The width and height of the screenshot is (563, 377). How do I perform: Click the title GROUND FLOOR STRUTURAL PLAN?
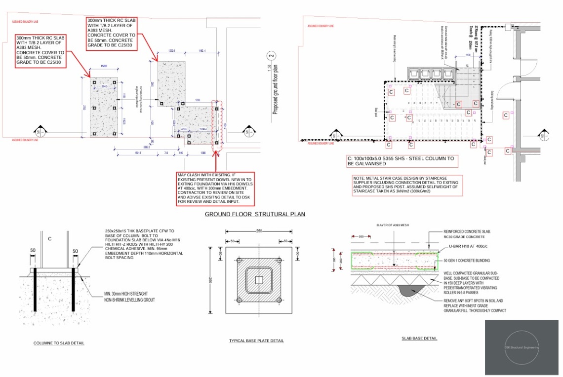click(255, 214)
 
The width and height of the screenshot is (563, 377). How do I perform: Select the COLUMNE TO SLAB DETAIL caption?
click(59, 343)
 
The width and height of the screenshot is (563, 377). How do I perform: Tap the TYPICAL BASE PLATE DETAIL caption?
click(256, 341)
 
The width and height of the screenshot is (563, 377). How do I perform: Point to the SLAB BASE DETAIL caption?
click(419, 339)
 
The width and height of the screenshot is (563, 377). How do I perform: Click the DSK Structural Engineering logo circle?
click(522, 347)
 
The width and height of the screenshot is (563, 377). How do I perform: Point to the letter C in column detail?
click(50, 239)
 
